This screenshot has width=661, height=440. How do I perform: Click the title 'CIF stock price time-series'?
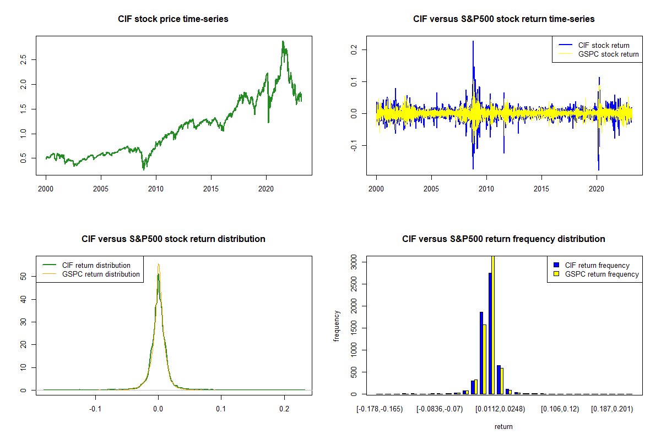(x=173, y=19)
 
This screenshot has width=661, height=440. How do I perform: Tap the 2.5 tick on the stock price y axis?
(x=24, y=59)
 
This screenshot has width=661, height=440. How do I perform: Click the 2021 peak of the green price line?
(x=283, y=42)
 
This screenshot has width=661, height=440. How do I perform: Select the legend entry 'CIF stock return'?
(x=604, y=45)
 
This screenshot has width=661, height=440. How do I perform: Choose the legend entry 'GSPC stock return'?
(x=608, y=54)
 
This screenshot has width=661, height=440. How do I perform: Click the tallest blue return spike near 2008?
(x=473, y=42)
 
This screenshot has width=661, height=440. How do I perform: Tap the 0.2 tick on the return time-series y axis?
(x=354, y=50)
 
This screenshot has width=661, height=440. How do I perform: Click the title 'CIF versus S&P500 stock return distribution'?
(x=173, y=239)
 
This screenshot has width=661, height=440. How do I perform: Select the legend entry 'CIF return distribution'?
(x=96, y=265)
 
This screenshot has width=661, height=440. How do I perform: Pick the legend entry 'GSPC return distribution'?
(x=101, y=274)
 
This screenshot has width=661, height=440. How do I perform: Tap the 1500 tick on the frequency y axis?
(x=354, y=328)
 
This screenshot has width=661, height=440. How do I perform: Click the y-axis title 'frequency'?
(x=337, y=326)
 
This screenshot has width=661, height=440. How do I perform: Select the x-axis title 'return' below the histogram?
(x=503, y=426)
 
